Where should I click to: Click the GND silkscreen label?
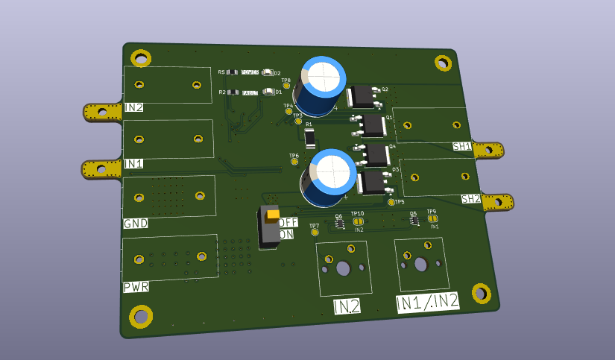pos(136,223)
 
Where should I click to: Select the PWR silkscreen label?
pos(136,287)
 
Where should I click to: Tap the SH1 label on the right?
pos(461,147)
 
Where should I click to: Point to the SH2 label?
pos(470,199)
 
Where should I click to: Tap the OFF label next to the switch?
pos(288,221)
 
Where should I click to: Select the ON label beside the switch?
pos(286,234)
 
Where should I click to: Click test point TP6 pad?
pos(294,162)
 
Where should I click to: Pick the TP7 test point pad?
pos(314,233)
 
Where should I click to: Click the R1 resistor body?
pos(310,136)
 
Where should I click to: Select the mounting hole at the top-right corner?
pos(443,62)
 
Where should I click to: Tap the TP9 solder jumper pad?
pos(432,218)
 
